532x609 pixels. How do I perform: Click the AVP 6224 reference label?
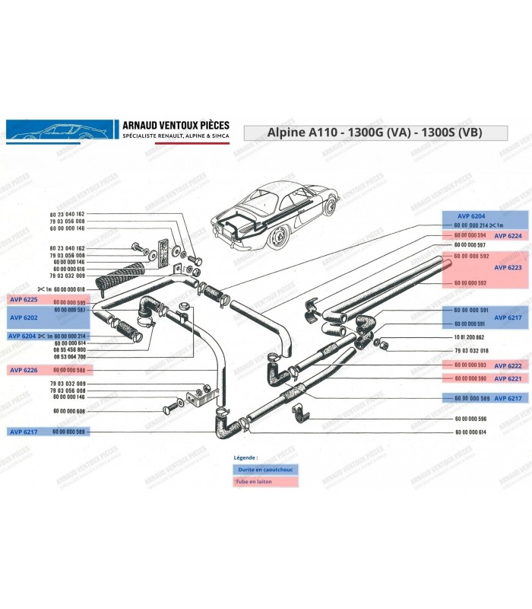[508, 236]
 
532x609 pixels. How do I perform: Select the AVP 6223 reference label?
[508, 268]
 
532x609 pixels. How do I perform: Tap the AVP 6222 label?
[508, 365]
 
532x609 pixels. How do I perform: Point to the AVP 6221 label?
[508, 378]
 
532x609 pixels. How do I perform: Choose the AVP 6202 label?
[23, 317]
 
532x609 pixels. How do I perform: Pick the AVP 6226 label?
[23, 369]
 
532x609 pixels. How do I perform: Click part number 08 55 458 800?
[69, 349]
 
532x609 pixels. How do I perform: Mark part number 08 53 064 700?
[69, 356]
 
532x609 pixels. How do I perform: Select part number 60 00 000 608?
[69, 410]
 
